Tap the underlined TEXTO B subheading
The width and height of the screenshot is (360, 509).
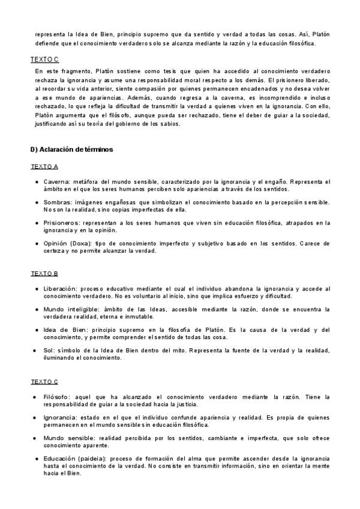pos(44,274)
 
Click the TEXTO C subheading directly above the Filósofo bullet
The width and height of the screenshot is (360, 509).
pos(44,381)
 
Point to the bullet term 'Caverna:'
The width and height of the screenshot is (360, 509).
pos(57,181)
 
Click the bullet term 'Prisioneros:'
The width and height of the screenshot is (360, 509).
pos(62,223)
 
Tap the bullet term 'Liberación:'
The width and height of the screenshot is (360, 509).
pos(62,289)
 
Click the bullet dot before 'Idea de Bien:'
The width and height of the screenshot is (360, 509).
pos(37,330)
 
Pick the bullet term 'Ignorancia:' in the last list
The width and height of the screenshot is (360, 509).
pos(61,417)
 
